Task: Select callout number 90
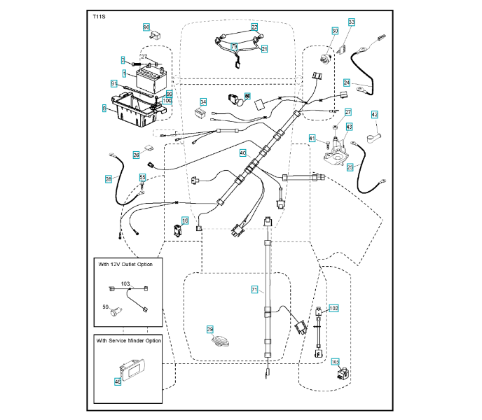pos(146,27)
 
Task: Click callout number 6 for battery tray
pos(104,108)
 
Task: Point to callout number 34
pos(203,102)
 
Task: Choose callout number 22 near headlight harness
pos(255,27)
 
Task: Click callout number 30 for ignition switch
pos(335,31)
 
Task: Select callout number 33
pos(352,22)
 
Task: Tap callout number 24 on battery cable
pos(346,83)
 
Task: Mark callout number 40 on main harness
pos(243,152)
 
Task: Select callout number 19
pos(186,220)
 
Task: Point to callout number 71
pos(255,288)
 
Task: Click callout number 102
pos(333,308)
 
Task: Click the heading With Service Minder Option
pos(129,340)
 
